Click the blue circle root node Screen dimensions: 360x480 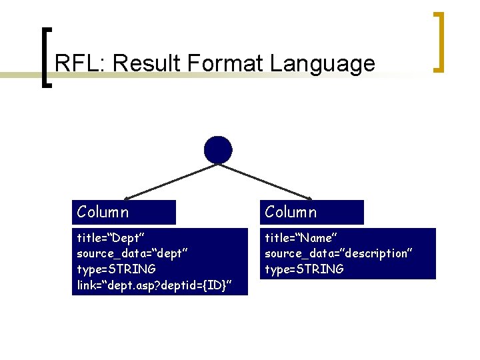(218, 150)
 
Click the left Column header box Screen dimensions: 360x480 (124, 212)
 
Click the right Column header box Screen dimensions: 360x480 (312, 212)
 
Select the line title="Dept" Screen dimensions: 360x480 (111, 237)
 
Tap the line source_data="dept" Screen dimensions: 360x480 (127, 253)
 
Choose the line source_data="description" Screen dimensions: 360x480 (339, 253)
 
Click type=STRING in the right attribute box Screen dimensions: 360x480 (305, 269)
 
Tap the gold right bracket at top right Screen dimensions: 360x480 (439, 41)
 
